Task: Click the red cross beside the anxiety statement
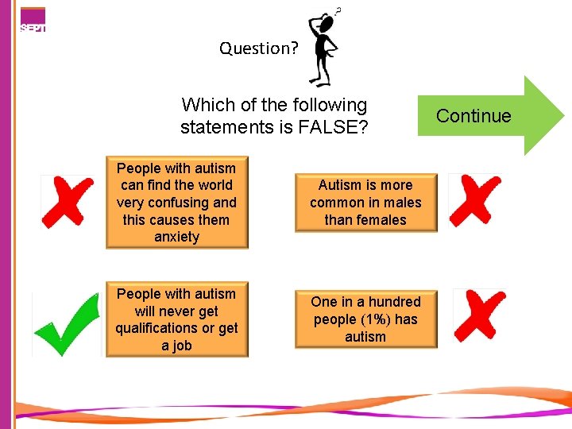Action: pos(68,201)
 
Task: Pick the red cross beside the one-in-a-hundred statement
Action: pos(479,315)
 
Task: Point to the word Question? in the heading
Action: pos(259,48)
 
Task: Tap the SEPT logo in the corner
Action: pos(33,20)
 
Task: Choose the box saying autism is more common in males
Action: pos(365,203)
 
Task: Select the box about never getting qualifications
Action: pos(176,319)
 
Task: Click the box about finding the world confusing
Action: pos(176,203)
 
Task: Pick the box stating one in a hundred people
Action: pos(365,319)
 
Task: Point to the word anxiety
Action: pos(176,237)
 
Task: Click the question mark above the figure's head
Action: pos(338,11)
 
